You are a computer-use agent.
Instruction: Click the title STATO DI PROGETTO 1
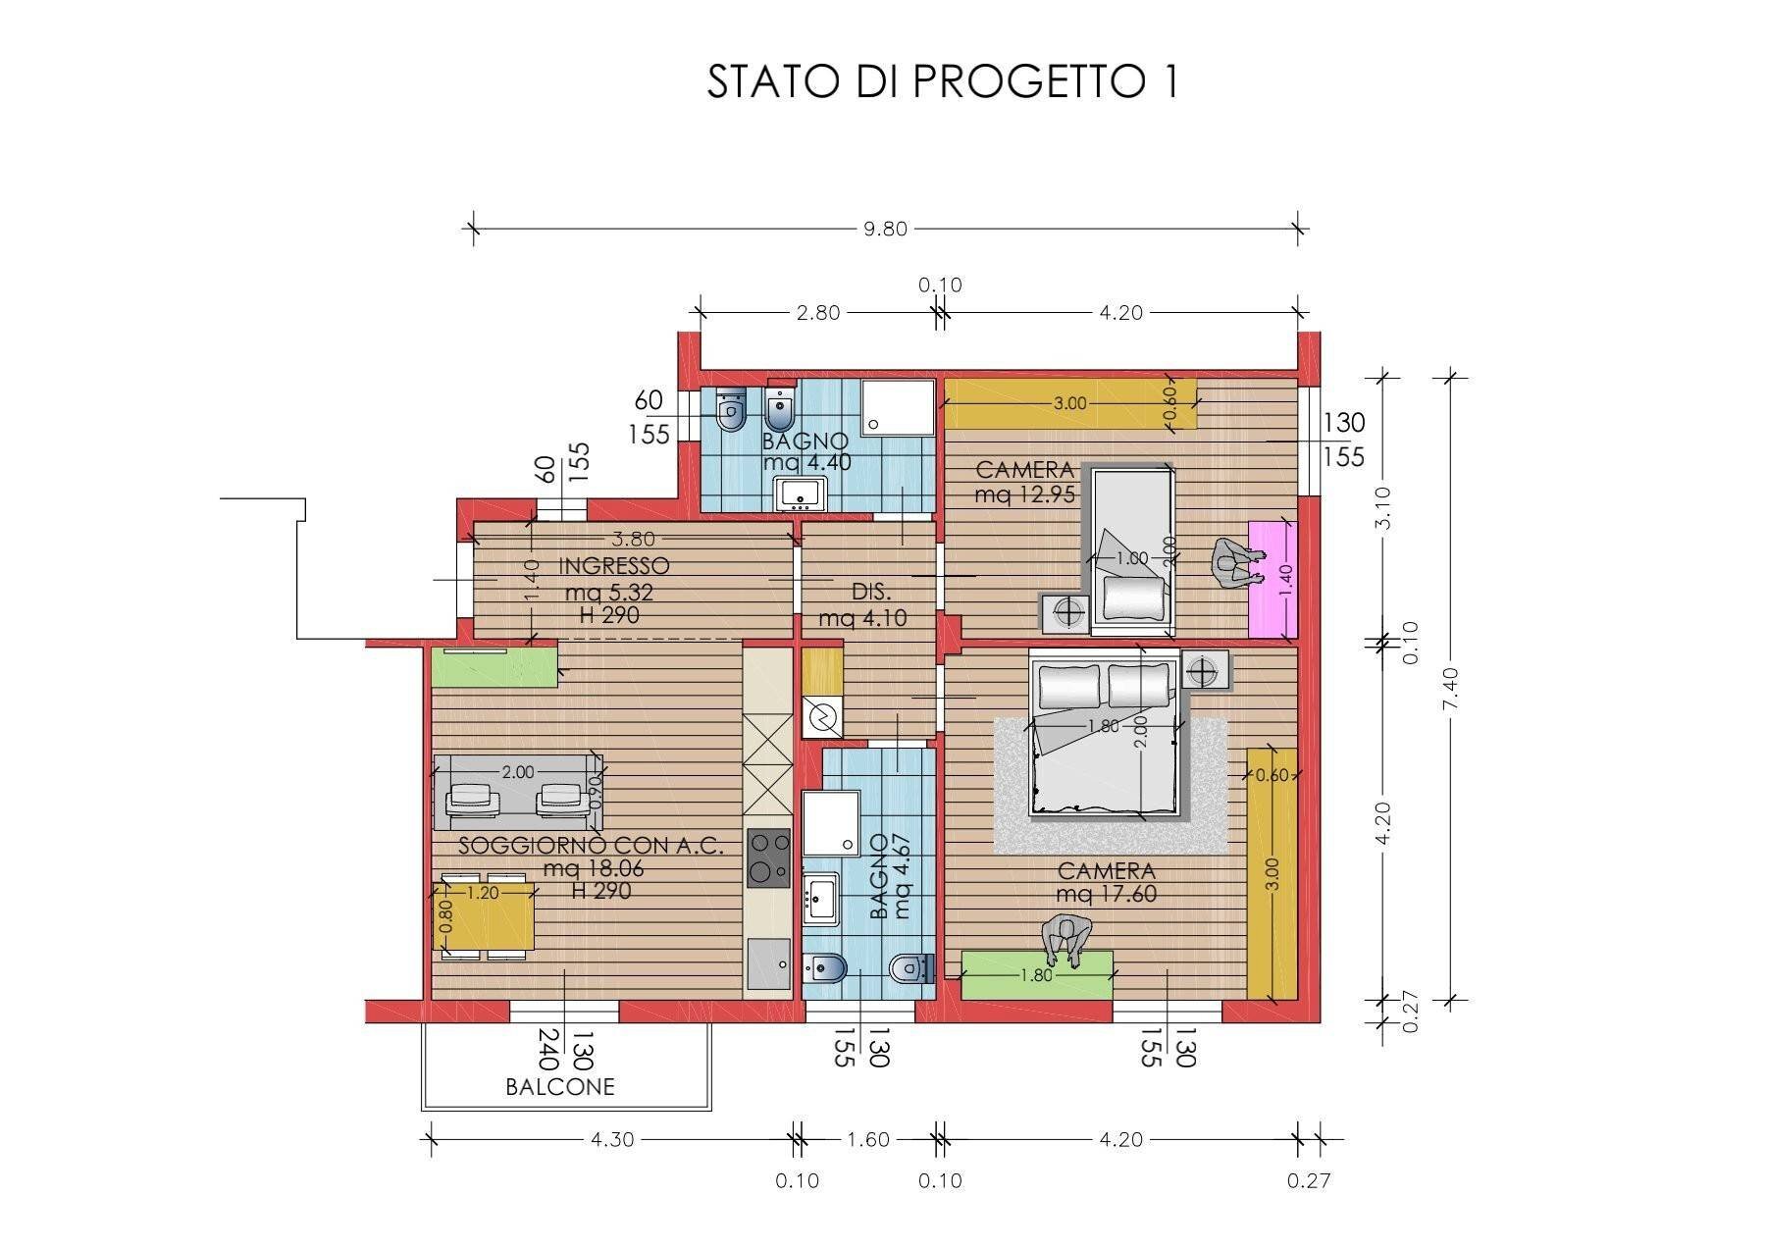tap(942, 81)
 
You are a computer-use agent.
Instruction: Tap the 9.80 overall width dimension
tap(884, 229)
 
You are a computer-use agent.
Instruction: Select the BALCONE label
tap(560, 1087)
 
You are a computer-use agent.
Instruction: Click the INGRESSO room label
tap(614, 566)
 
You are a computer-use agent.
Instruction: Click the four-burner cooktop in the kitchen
tap(768, 858)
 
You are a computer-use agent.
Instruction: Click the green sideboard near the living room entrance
tap(494, 667)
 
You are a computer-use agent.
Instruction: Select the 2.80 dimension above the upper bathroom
tap(818, 313)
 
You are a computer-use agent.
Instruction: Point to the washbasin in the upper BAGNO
tap(801, 494)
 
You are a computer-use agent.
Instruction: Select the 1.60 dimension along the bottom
tap(867, 1139)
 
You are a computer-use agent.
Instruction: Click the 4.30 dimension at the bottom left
tap(611, 1139)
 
